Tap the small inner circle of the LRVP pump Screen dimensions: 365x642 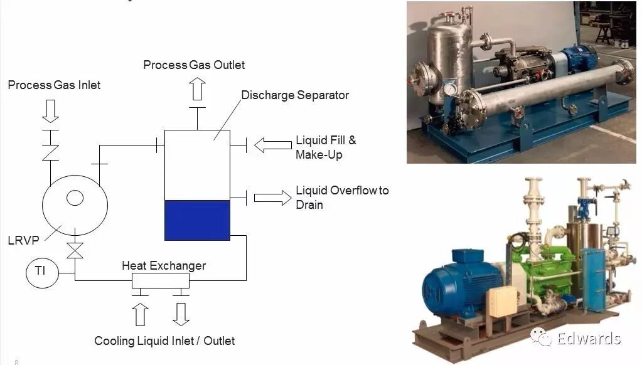[75, 198]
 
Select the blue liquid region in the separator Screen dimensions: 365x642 [197, 220]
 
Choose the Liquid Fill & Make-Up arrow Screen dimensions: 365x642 [273, 145]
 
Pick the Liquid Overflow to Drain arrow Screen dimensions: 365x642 [273, 198]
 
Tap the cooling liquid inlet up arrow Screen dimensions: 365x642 [141, 314]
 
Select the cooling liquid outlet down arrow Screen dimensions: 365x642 [181, 314]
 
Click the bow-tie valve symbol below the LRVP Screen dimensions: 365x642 [75, 250]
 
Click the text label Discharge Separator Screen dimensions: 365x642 [295, 95]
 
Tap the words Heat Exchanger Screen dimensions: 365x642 [163, 265]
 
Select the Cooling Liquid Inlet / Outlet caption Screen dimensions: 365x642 [164, 341]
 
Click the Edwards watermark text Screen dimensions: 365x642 [588, 339]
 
